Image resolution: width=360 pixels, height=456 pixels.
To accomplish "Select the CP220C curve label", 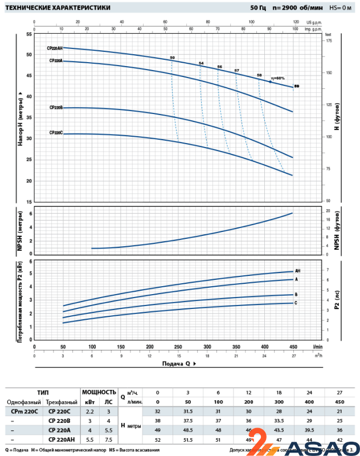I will point(56,132).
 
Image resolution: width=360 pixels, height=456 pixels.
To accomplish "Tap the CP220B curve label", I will point(56,107).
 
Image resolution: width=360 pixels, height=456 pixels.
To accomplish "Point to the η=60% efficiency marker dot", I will point(270,82).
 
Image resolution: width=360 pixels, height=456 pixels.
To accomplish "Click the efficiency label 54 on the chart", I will point(201,63).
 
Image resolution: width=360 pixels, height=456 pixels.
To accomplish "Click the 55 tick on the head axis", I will point(29,34).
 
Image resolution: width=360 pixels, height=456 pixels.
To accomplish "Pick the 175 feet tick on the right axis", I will point(328,41).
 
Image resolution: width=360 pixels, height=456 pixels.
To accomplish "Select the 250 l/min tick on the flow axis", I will point(178,346).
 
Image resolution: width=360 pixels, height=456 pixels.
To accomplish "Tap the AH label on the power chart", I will point(297,271).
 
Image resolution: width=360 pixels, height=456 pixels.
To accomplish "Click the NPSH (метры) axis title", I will point(19,230).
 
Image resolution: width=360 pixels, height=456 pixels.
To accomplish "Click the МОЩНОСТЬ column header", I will point(99,392).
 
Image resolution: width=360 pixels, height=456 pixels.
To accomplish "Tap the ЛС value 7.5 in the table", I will point(108,439).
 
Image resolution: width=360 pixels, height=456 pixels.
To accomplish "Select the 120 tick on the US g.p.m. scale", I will point(296,21).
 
